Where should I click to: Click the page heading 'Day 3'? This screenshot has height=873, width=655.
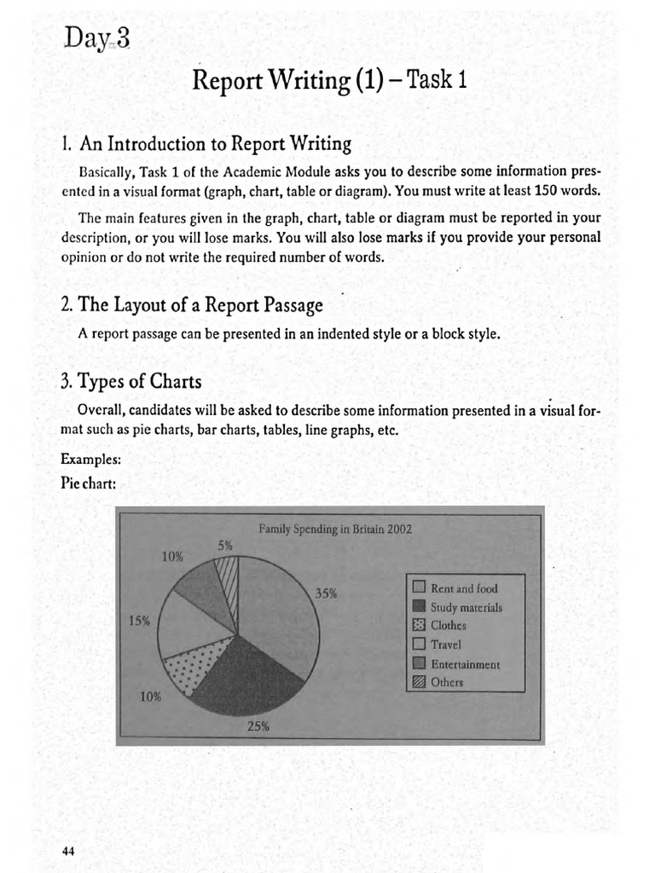tap(96, 39)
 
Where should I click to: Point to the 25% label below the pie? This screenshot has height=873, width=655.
tap(258, 727)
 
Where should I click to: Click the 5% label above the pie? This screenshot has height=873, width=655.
tap(224, 545)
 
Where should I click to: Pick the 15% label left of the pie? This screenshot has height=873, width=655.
tap(139, 620)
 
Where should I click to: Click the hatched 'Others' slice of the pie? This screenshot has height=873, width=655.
tap(229, 583)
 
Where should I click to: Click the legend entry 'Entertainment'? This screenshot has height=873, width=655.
tap(465, 664)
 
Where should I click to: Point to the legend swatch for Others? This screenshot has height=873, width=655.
tap(419, 682)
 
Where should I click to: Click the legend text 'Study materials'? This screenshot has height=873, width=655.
tap(467, 608)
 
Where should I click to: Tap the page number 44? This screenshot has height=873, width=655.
tap(69, 850)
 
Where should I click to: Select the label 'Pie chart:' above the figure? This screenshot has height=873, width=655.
tap(88, 483)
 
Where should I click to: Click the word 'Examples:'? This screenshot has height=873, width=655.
tap(90, 460)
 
